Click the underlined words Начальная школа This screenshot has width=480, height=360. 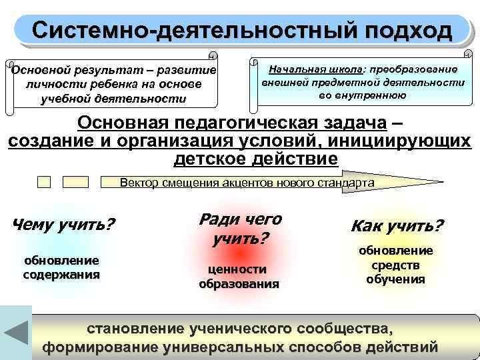pyautogui.click(x=316, y=69)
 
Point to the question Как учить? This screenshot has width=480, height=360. pyautogui.click(x=397, y=225)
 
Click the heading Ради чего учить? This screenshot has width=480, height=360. pyautogui.click(x=239, y=228)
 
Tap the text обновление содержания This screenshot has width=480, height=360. pyautogui.click(x=61, y=267)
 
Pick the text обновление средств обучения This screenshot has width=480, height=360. pyautogui.click(x=396, y=265)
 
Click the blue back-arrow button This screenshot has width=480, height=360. pyautogui.click(x=16, y=332)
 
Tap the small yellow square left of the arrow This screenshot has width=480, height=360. pyautogui.click(x=44, y=181)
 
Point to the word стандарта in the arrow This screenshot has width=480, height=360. pyautogui.click(x=349, y=182)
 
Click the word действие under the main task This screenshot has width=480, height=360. pyautogui.click(x=297, y=160)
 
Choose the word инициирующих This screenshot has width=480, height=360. pyautogui.click(x=401, y=142)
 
